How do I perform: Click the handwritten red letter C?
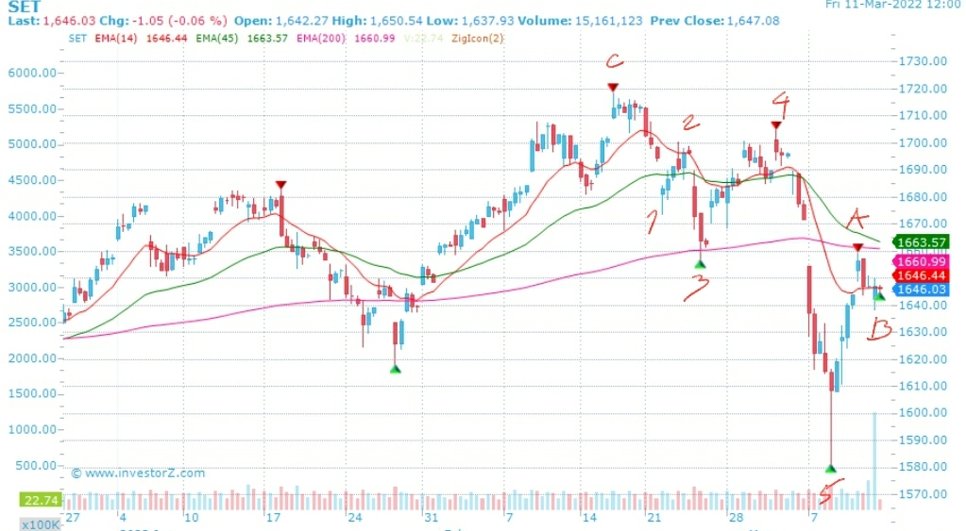[x=615, y=63]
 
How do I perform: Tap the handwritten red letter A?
[x=857, y=218]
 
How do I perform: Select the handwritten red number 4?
[x=779, y=101]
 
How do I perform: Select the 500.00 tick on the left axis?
[x=38, y=466]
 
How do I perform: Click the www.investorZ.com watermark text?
[x=142, y=473]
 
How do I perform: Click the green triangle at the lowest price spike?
[x=831, y=468]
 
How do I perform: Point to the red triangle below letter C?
[x=614, y=88]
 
